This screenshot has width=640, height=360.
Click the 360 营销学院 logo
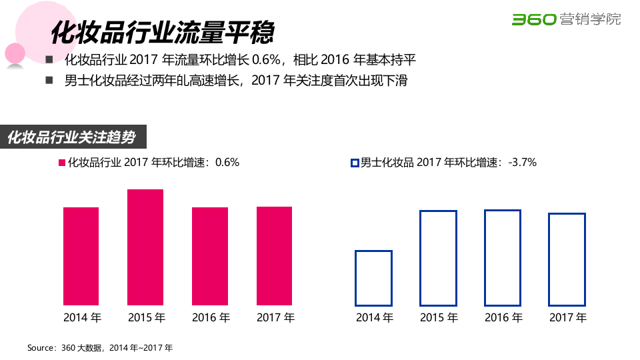point(566,19)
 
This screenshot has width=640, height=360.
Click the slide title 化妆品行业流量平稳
point(164,31)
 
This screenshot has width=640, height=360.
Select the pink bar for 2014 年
point(81,256)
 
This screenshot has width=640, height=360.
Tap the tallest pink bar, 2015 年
point(145,247)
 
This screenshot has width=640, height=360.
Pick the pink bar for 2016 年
point(210,256)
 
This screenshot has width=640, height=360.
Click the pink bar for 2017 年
point(274,255)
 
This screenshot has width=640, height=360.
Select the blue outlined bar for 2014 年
point(373,278)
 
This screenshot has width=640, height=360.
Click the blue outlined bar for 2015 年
point(438,258)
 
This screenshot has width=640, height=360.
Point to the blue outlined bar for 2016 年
point(503,257)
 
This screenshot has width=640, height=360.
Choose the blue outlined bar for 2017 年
point(567,259)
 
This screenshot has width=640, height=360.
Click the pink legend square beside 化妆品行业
point(62,163)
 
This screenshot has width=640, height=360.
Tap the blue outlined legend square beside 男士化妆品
point(355,163)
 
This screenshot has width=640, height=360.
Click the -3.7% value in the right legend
point(522,162)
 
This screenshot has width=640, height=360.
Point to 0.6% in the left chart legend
point(227,162)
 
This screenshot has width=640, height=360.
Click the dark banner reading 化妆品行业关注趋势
point(73,137)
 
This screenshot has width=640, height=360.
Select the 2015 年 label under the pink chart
point(146,317)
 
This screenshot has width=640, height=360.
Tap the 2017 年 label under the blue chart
point(567,317)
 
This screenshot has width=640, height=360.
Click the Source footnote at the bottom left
point(100,348)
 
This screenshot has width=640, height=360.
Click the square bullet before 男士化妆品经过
point(49,81)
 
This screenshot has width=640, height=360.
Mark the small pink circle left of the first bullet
point(15,53)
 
